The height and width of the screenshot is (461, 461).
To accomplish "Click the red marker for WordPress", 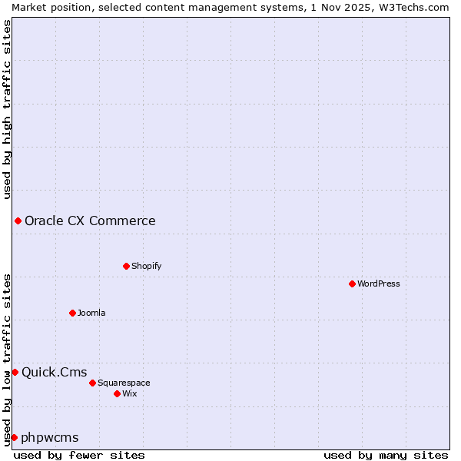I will tap(352, 284).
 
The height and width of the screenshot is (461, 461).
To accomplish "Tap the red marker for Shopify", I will tap(126, 266).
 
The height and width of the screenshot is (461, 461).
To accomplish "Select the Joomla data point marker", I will tap(72, 313).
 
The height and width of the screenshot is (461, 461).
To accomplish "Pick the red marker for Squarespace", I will tap(92, 383).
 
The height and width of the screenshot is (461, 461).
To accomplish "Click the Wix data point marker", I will tap(117, 393).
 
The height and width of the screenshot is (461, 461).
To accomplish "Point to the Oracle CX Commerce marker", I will tap(18, 221).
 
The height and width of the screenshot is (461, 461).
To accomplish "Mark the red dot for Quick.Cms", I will tap(15, 373).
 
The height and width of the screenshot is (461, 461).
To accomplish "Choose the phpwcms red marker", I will tap(14, 437).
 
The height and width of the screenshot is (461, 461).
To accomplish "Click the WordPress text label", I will tap(379, 284).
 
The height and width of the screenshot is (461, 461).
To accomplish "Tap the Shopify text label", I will tap(146, 266).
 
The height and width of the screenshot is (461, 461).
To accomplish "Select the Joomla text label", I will tap(91, 313).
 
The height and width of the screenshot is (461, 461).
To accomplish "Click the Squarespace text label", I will tap(124, 383).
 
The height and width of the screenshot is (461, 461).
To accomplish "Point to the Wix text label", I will tap(130, 393).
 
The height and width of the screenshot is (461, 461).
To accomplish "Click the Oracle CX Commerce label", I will tap(90, 221).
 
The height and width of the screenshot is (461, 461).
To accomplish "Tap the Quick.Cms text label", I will tap(54, 373).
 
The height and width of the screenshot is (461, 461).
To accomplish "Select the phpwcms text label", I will tap(50, 437).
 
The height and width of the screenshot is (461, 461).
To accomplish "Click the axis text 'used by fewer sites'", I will tap(79, 455).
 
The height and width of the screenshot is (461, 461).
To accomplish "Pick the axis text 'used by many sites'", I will tap(386, 455).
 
